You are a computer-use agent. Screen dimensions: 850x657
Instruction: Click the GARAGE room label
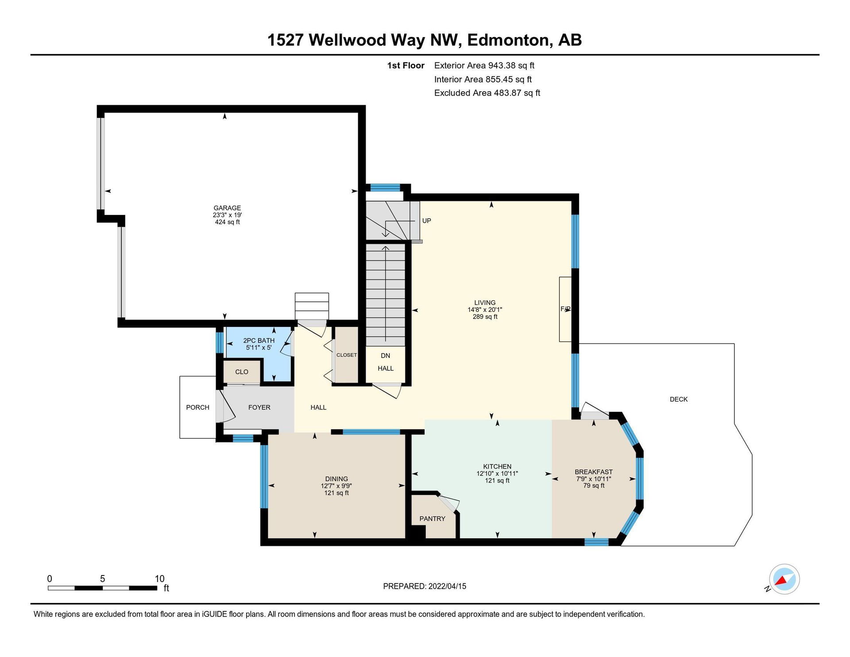point(227,208)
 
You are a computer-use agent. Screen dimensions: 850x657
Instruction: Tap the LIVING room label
point(485,303)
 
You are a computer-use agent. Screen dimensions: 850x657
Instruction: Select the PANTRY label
point(433,519)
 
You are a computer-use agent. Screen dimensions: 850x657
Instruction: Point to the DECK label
point(679,399)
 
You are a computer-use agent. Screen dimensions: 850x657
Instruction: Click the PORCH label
point(197,407)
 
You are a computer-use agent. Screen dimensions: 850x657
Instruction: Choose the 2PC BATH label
point(259,341)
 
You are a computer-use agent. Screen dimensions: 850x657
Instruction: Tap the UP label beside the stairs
point(426,221)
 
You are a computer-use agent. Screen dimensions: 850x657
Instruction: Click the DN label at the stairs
point(386,355)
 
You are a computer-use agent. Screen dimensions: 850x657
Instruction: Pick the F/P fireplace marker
point(565,309)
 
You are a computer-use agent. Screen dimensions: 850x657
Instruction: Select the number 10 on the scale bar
point(159,579)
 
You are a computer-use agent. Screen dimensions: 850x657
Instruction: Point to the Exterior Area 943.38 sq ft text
point(484,66)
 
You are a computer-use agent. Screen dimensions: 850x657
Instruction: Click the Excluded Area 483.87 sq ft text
point(487,93)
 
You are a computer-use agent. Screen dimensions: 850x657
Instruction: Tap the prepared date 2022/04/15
point(447,586)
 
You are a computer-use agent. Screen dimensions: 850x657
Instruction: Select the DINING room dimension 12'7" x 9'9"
point(336,486)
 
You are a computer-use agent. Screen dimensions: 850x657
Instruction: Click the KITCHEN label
point(497,467)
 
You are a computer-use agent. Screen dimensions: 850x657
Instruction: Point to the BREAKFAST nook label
point(594,472)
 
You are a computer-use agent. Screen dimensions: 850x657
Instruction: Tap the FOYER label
point(259,407)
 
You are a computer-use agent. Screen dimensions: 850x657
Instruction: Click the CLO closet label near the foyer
point(242,372)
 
